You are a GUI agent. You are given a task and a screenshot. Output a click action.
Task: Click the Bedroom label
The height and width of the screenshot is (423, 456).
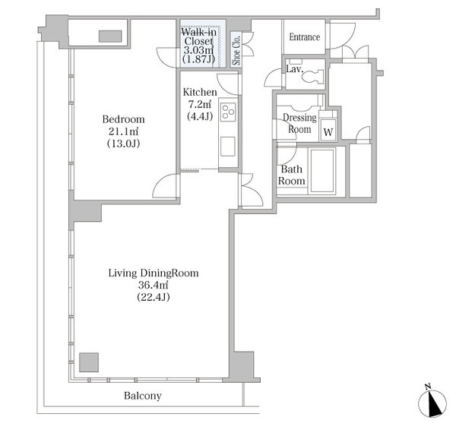pos(123,119)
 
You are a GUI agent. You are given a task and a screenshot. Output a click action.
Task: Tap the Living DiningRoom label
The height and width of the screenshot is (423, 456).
pos(154,273)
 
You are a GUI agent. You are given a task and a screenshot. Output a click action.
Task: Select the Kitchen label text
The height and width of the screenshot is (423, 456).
pos(200,93)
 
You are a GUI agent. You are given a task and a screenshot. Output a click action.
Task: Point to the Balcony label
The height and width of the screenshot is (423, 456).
pos(143,396)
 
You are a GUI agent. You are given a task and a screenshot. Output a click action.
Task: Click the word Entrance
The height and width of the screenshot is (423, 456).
pos(305,37)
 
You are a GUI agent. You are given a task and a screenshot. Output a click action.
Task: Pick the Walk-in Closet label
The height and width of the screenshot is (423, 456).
pos(199,36)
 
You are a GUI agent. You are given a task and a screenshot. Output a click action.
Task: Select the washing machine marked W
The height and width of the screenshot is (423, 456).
pos(328,130)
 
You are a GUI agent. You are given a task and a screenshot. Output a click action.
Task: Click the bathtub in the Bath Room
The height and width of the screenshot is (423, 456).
pos(322,171)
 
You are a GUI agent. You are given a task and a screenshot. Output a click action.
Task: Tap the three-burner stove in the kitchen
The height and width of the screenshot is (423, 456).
pos(228,112)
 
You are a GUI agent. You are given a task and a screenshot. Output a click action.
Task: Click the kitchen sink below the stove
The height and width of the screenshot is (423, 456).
pos(228,147)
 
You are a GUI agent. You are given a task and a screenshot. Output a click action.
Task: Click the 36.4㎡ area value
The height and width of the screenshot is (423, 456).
pos(153,286)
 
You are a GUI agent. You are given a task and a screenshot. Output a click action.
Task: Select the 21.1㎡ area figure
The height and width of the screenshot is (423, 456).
pos(123,131)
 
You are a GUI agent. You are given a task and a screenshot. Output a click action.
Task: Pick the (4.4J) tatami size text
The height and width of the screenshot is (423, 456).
pos(200,116)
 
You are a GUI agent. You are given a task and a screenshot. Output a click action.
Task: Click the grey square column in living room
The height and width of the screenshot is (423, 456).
pos(89,362)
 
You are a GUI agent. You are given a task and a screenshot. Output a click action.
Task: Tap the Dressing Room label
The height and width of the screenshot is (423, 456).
pos(299,124)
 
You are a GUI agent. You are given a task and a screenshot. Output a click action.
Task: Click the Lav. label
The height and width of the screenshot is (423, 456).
pos(295,69)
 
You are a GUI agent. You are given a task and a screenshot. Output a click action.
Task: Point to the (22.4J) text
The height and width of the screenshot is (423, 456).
pos(154,297)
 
